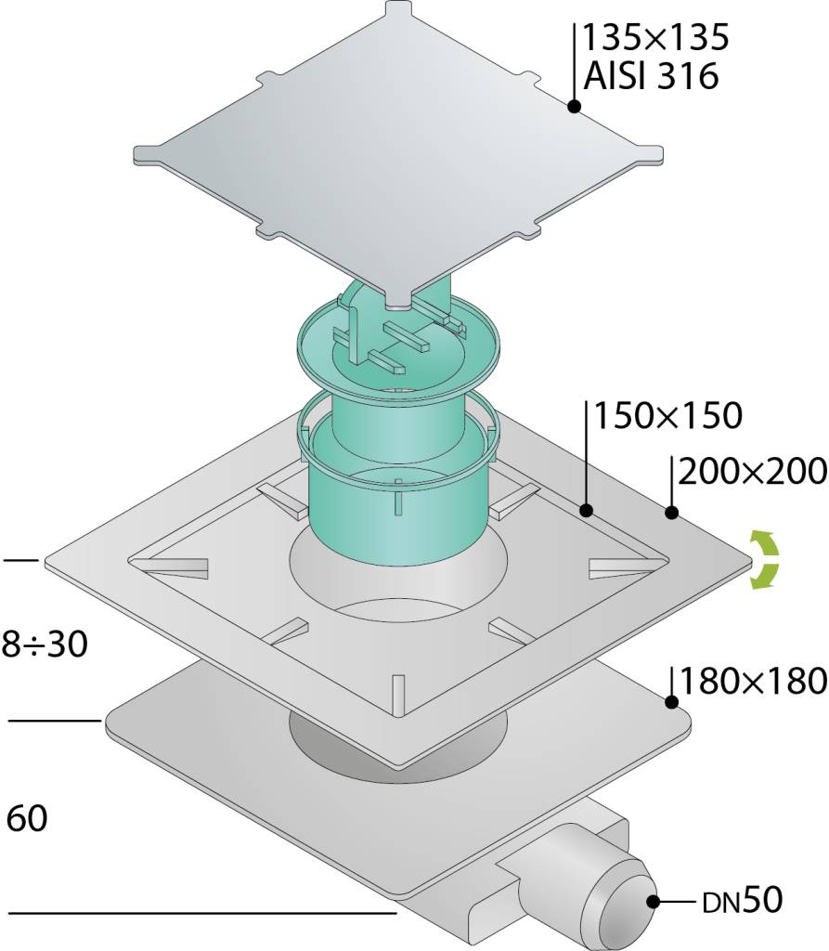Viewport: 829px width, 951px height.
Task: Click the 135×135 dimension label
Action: (x=655, y=37)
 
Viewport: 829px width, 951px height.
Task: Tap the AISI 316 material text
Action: (x=651, y=77)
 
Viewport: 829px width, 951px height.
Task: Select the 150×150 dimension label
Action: (x=667, y=416)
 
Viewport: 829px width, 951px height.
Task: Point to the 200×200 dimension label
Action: (x=753, y=471)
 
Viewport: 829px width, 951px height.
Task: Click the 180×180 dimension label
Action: (x=754, y=681)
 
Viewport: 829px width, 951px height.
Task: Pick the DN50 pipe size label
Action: (x=743, y=901)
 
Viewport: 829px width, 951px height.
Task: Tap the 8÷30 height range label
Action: (x=45, y=645)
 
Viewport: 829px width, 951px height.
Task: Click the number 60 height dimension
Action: (x=27, y=819)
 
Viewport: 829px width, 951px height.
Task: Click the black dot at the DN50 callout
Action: (x=654, y=901)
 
